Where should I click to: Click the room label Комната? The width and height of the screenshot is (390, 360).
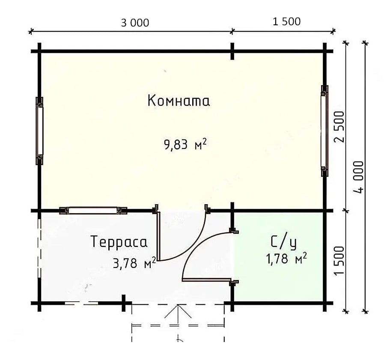[179, 101]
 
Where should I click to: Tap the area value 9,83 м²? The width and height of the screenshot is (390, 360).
[185, 144]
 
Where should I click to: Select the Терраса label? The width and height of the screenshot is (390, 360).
[119, 242]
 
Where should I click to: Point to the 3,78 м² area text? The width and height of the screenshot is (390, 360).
[134, 263]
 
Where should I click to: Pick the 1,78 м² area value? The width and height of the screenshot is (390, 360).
[286, 259]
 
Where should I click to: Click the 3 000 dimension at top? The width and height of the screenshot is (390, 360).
[135, 23]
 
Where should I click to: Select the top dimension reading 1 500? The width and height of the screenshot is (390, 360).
[286, 22]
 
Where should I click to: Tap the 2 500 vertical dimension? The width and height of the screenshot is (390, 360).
[340, 127]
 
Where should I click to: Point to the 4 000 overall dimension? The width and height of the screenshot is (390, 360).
[358, 177]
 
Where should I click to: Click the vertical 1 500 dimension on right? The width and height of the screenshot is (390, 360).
[340, 261]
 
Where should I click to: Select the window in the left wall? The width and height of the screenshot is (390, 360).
[39, 131]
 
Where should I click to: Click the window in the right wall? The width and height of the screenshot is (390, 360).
[325, 131]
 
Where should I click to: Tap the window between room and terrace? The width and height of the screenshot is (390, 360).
[93, 211]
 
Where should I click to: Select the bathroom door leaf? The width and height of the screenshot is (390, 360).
[206, 280]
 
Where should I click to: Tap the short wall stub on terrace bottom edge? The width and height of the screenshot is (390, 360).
[124, 303]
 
